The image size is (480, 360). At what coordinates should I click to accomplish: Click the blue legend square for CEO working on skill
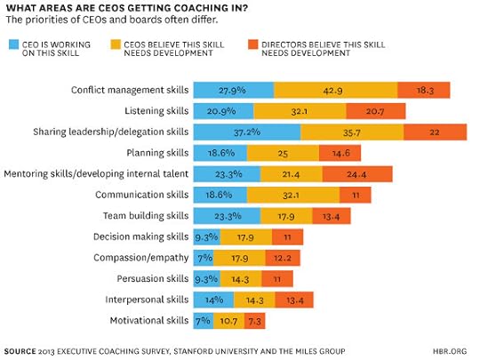click(12, 42)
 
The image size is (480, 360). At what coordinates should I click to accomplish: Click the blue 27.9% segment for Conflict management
click(233, 90)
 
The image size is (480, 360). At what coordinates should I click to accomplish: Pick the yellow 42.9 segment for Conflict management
click(335, 90)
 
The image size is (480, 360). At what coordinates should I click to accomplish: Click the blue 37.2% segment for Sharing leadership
click(246, 132)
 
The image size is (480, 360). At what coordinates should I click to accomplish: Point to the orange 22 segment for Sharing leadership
click(435, 132)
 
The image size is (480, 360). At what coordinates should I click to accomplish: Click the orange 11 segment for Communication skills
click(354, 194)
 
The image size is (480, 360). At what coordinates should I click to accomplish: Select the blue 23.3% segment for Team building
click(227, 215)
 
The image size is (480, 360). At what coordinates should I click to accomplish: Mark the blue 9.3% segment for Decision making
click(204, 236)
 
